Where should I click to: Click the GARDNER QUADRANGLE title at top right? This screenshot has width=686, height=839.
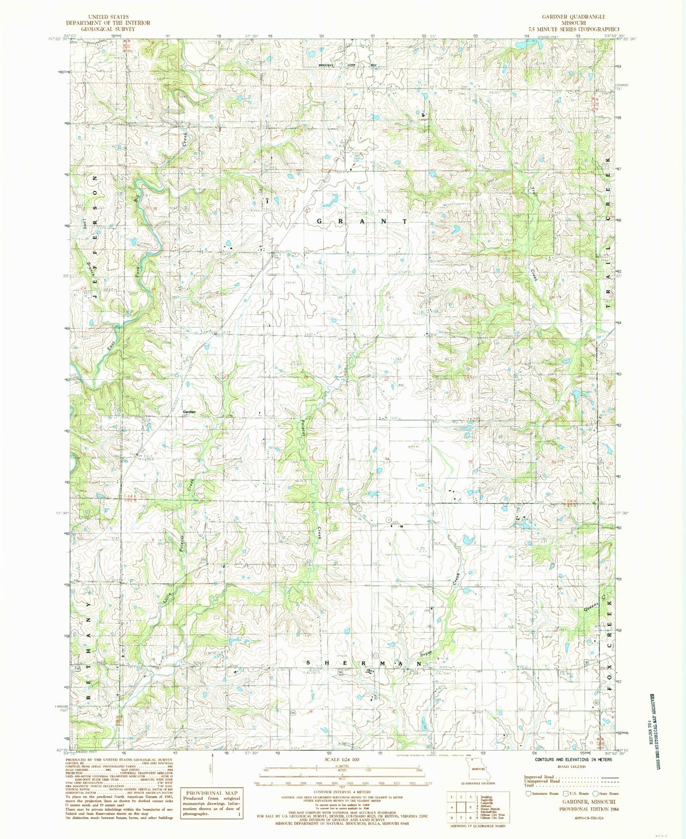[x=573, y=17]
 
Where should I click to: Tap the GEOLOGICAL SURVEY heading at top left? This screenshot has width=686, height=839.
[x=108, y=29]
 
